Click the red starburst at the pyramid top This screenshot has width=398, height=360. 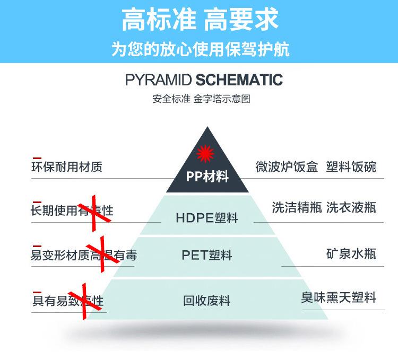[204, 154]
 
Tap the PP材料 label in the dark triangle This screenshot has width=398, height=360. [207, 177]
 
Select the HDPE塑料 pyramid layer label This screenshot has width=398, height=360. [207, 218]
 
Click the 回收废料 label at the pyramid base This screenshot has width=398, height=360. [207, 301]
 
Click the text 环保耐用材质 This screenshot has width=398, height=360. [66, 167]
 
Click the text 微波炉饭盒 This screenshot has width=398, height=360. [287, 167]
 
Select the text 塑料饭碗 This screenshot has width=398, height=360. [351, 167]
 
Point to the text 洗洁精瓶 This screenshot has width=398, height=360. [297, 207]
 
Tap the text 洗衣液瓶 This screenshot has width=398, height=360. [351, 207]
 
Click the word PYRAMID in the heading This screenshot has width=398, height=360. [159, 80]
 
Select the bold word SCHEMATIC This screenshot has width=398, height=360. [239, 80]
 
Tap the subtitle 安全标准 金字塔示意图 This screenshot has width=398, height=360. [201, 99]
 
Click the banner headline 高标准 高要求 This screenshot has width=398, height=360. [200, 21]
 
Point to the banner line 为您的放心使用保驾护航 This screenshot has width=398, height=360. [200, 49]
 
